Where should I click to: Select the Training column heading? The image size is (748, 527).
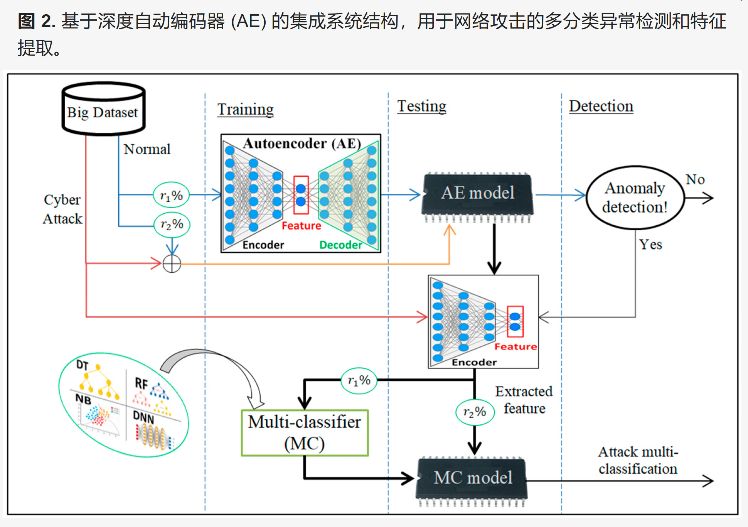pos(245,109)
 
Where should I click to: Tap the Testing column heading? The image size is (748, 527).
pos(421,106)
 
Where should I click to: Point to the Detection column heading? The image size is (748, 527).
pos(601,106)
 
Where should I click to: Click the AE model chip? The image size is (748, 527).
pos(477,193)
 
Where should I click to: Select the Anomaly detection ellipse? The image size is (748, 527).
pos(635,198)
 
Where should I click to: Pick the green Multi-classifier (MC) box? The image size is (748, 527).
pos(305,432)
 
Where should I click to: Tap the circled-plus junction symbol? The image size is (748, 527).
pos(172,264)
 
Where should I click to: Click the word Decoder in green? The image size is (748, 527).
pos(340,245)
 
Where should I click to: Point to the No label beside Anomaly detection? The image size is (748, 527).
pos(695,179)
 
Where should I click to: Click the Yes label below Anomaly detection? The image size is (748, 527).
pos(650,244)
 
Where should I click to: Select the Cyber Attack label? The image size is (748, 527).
pos(62,209)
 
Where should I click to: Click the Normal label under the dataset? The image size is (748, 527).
pos(147,149)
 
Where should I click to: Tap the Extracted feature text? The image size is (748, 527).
pos(524,400)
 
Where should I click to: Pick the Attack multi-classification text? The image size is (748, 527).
pos(638,460)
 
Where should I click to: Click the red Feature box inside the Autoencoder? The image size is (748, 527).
pos(301,195)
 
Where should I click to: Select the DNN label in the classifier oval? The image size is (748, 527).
pos(143,417)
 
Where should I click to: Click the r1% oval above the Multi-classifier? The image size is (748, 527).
pos(359,381)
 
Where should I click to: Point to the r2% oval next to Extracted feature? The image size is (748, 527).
pos(475,412)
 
